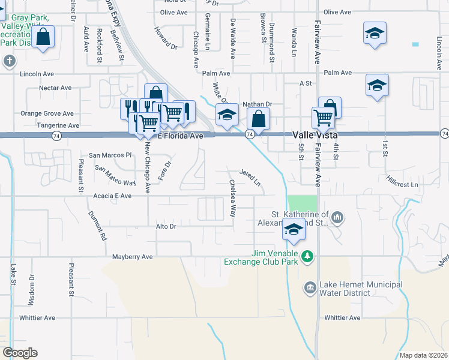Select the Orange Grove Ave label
(x=47, y=113)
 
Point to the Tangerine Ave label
(x=58, y=126)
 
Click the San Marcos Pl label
(x=110, y=155)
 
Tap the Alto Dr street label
(x=166, y=226)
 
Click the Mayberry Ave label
(x=133, y=257)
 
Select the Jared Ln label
(x=250, y=176)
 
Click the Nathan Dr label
(x=258, y=104)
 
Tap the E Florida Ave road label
(x=180, y=136)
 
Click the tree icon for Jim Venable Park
(x=307, y=257)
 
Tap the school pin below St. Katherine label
(x=294, y=230)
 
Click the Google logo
(x=20, y=353)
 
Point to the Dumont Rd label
(x=97, y=226)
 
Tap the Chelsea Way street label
(x=232, y=198)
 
